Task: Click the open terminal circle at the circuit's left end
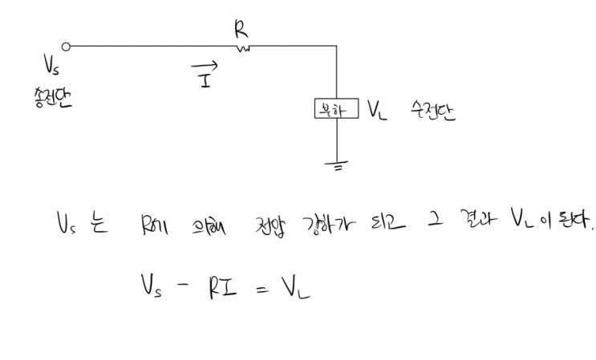[66, 47]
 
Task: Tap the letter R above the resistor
[239, 30]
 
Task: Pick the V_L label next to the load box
[378, 111]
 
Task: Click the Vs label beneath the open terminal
[53, 63]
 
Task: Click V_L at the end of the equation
[293, 286]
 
